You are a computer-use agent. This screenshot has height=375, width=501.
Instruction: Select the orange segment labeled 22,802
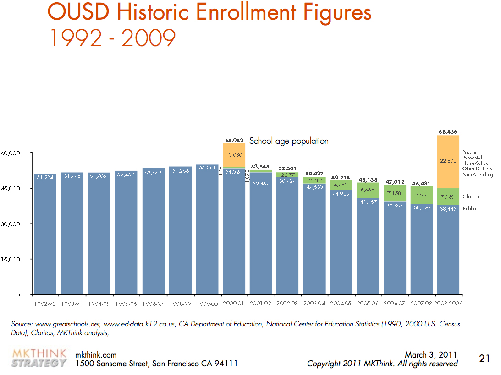click(x=448, y=161)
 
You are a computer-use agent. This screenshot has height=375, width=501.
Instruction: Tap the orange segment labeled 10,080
click(x=234, y=155)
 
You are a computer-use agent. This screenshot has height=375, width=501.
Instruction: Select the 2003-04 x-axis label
click(x=314, y=304)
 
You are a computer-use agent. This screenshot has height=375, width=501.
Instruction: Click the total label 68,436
click(x=448, y=132)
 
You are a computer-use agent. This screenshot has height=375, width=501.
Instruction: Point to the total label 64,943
click(x=234, y=141)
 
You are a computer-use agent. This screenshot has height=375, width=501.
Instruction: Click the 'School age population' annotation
click(x=289, y=141)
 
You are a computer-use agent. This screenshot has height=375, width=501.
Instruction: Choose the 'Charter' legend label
click(x=471, y=197)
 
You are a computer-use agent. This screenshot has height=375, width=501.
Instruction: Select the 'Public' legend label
click(x=469, y=209)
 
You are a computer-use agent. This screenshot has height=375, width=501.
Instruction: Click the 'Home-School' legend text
click(x=476, y=163)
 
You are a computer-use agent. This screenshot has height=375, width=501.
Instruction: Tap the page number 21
click(x=484, y=359)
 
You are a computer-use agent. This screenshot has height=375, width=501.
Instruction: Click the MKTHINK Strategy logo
click(x=39, y=359)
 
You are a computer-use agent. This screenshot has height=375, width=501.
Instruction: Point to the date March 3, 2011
click(x=430, y=355)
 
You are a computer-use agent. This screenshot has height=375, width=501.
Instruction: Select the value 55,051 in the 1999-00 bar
click(x=207, y=168)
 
